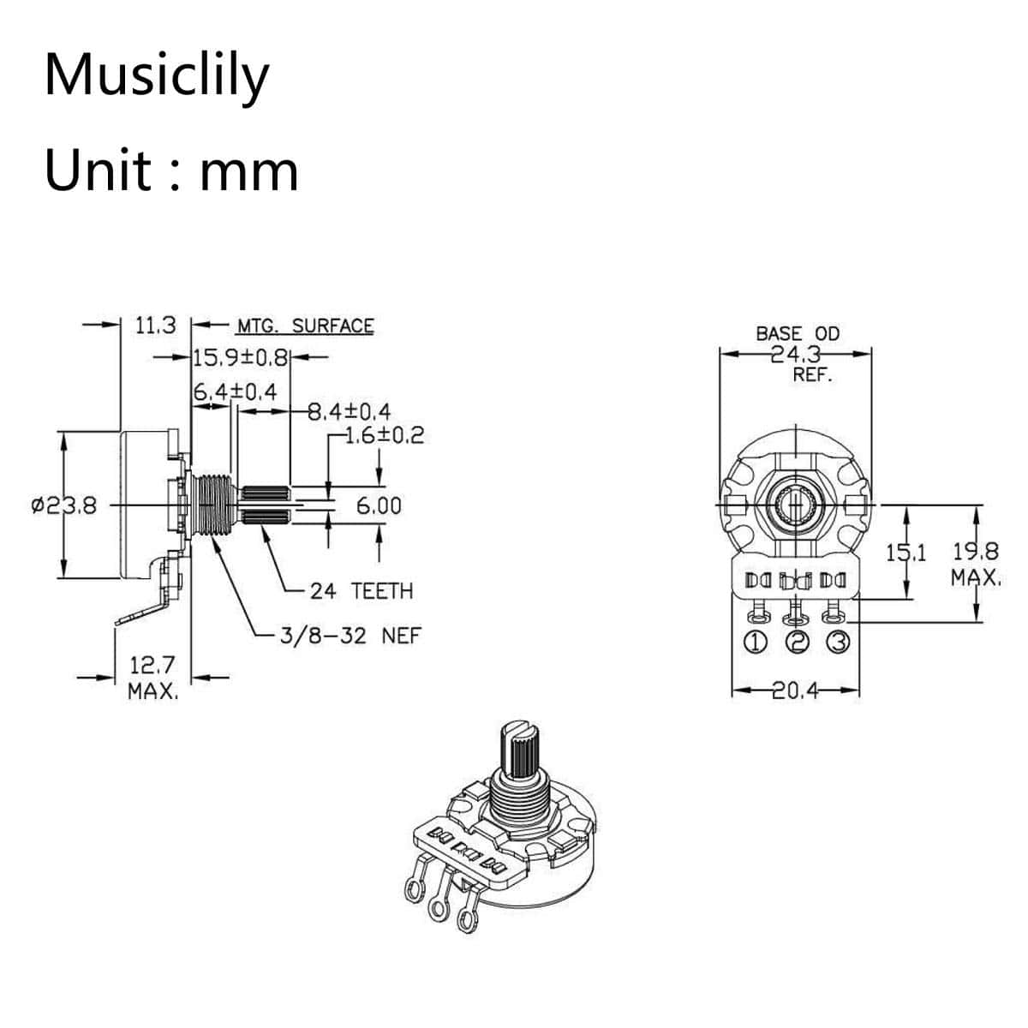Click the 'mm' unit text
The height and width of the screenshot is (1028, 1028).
point(248,170)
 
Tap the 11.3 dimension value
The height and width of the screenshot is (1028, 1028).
point(155,326)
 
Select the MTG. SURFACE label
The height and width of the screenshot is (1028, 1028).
point(305,326)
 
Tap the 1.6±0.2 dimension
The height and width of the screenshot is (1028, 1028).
point(384,435)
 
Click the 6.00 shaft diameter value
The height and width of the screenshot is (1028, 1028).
point(379,505)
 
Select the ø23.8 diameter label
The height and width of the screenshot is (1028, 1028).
point(64,505)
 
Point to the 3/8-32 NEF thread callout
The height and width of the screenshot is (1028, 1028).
point(350,636)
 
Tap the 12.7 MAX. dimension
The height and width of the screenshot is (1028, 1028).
point(152,677)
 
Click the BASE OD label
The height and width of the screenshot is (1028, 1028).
point(798,334)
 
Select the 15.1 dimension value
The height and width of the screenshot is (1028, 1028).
point(905,553)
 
